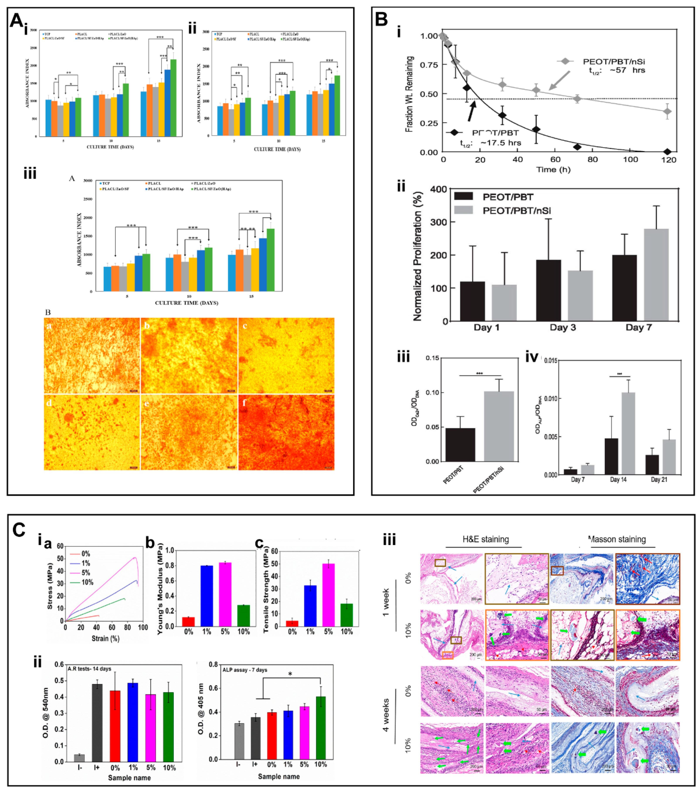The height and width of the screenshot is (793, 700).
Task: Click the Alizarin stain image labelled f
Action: (286, 432)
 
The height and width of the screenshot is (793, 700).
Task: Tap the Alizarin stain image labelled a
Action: (92, 355)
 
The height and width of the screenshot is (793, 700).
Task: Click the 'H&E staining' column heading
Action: (485, 539)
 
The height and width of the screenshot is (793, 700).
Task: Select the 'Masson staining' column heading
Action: (617, 539)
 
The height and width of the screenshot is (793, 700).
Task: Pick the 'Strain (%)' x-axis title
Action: (105, 638)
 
